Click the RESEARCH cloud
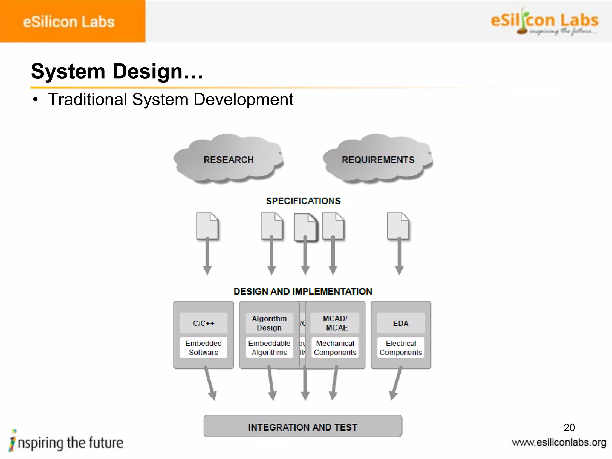click(x=229, y=159)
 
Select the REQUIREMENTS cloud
click(x=378, y=159)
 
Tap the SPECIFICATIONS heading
click(x=303, y=201)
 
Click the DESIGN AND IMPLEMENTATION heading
click(x=303, y=291)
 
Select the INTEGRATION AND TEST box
click(x=303, y=427)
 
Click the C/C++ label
click(x=204, y=323)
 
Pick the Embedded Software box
click(x=204, y=348)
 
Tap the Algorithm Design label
click(x=269, y=323)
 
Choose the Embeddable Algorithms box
click(x=269, y=348)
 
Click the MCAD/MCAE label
click(x=335, y=323)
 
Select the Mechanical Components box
click(x=335, y=348)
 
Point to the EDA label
click(x=401, y=323)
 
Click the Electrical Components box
click(x=401, y=348)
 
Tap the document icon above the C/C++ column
click(x=207, y=226)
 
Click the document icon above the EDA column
click(x=398, y=226)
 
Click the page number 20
click(x=569, y=427)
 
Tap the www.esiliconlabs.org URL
click(x=559, y=442)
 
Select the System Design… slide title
click(x=117, y=71)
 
